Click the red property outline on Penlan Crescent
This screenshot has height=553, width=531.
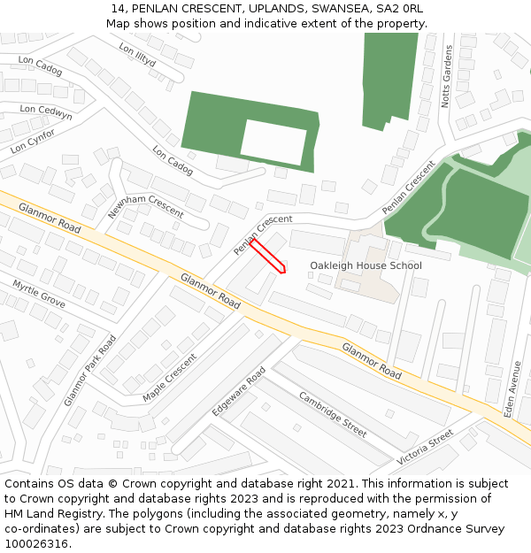pyautogui.click(x=267, y=256)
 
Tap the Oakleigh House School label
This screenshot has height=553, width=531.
pyautogui.click(x=366, y=265)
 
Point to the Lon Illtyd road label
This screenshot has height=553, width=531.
pyautogui.click(x=137, y=56)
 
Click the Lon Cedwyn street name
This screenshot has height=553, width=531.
pyautogui.click(x=46, y=112)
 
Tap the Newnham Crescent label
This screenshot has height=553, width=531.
pyautogui.click(x=146, y=206)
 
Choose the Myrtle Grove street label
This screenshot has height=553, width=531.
pyautogui.click(x=39, y=294)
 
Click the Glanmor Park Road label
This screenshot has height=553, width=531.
pyautogui.click(x=90, y=370)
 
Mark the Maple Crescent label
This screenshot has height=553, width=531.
pyautogui.click(x=170, y=378)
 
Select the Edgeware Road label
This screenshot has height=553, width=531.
pyautogui.click(x=238, y=392)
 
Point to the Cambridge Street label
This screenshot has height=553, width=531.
pyautogui.click(x=332, y=413)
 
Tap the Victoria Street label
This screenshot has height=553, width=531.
pyautogui.click(x=425, y=449)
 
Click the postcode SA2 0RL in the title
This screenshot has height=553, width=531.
pyautogui.click(x=402, y=8)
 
